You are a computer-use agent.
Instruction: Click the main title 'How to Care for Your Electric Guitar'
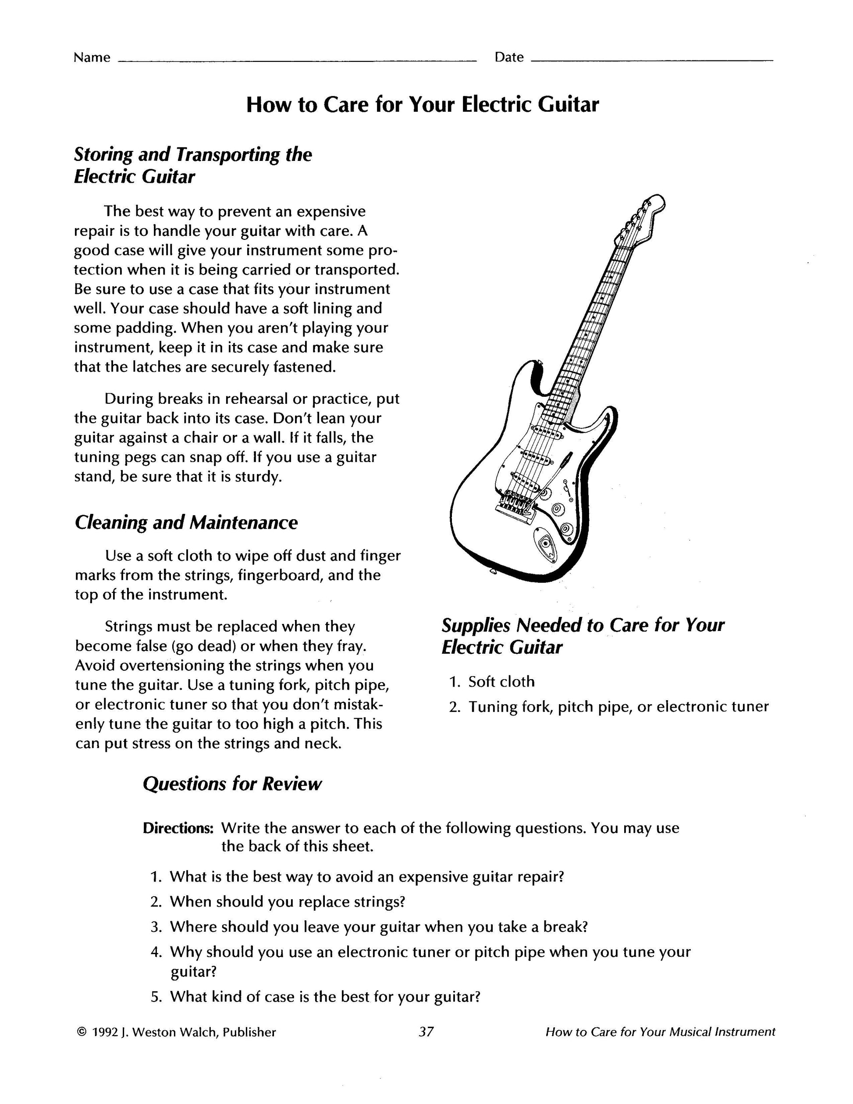point(423,105)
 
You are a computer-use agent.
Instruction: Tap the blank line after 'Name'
point(297,60)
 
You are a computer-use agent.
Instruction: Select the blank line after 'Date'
point(652,60)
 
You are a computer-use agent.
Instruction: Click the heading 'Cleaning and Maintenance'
point(186,522)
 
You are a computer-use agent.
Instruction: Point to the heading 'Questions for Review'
point(232,784)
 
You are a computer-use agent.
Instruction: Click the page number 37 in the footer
point(426,1032)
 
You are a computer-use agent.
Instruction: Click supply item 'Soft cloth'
point(501,682)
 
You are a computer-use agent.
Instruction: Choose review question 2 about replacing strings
point(287,902)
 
